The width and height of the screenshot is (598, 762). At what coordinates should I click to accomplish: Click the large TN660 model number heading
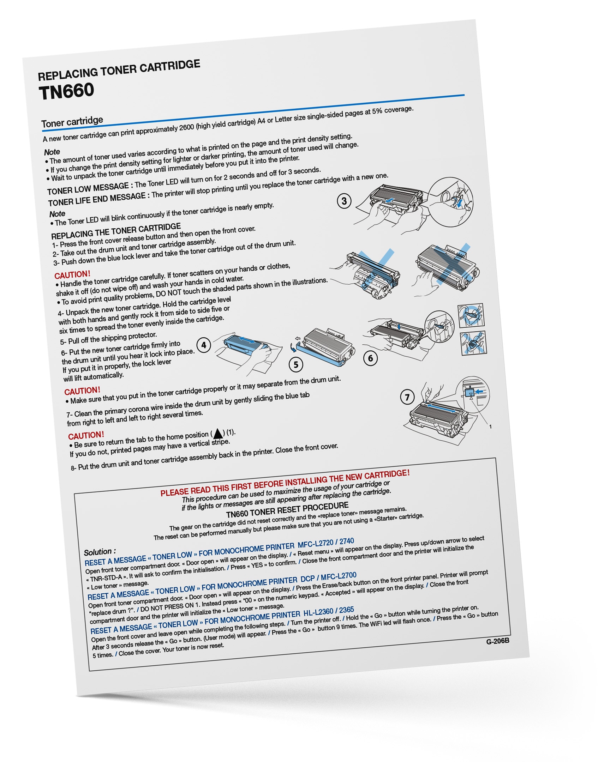coord(66,91)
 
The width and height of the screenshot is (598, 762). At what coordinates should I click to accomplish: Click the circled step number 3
coord(344,201)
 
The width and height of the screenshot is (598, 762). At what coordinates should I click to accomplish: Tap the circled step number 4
coord(204,345)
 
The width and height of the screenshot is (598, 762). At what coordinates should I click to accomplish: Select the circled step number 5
coord(296,364)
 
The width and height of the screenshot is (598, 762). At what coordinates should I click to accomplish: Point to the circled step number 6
coord(370,358)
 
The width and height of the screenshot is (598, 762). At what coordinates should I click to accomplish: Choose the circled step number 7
coord(407,397)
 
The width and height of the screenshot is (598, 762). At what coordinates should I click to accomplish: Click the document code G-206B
coord(498,641)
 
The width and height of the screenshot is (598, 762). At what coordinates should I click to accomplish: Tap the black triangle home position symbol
coord(218,433)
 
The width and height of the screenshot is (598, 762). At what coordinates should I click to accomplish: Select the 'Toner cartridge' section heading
coord(72,122)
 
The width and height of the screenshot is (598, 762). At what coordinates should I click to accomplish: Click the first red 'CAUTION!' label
coord(72,274)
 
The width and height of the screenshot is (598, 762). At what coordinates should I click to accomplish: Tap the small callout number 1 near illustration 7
coord(490,427)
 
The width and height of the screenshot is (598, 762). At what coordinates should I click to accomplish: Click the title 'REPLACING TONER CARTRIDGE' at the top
coord(119,70)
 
